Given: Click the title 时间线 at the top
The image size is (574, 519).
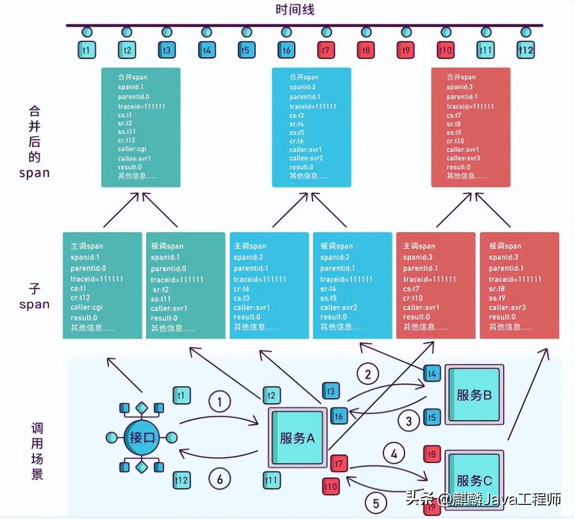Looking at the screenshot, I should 295,9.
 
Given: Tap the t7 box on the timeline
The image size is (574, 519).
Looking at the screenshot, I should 326,50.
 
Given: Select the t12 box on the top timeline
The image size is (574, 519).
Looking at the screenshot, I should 526,50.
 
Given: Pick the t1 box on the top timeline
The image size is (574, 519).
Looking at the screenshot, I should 87,50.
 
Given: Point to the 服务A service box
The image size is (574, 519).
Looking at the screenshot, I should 298,438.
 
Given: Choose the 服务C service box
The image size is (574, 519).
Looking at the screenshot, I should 474,480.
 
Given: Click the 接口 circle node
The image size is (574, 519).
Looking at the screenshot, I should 141,438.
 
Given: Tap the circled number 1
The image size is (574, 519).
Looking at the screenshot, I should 219,402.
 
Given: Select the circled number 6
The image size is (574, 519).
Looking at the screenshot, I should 219,479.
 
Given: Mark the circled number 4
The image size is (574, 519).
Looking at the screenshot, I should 394,454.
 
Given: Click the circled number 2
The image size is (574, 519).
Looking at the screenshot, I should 368,374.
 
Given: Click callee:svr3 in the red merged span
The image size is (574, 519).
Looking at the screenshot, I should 463,158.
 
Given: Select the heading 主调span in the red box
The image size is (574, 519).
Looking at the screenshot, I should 419,246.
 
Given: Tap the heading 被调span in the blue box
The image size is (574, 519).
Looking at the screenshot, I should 336,246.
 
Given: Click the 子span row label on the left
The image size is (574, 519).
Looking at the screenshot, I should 34,297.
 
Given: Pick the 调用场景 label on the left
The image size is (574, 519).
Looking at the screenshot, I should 37,451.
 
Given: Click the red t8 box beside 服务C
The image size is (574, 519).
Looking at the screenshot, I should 432,454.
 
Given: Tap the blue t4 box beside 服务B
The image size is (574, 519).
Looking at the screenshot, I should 432,373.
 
